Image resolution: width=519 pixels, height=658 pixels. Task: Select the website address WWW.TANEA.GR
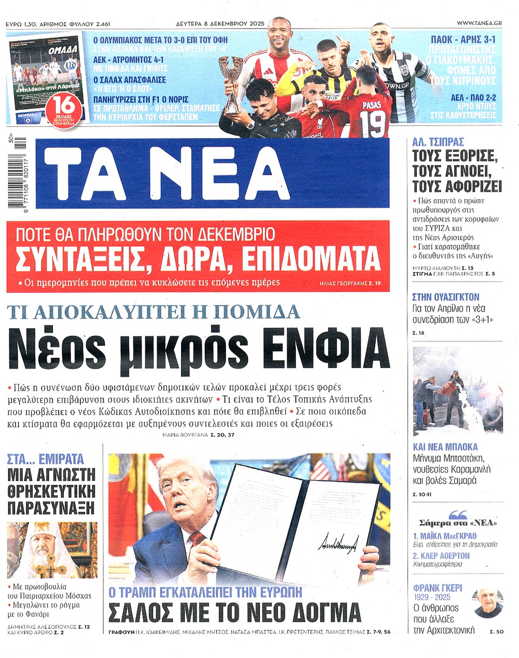[x=479, y=23]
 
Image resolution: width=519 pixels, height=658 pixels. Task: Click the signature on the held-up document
[x=338, y=543]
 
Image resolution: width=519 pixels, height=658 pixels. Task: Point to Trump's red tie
[x=196, y=541]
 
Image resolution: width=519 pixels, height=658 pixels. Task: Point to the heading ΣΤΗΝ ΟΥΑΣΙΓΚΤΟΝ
[x=445, y=297]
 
